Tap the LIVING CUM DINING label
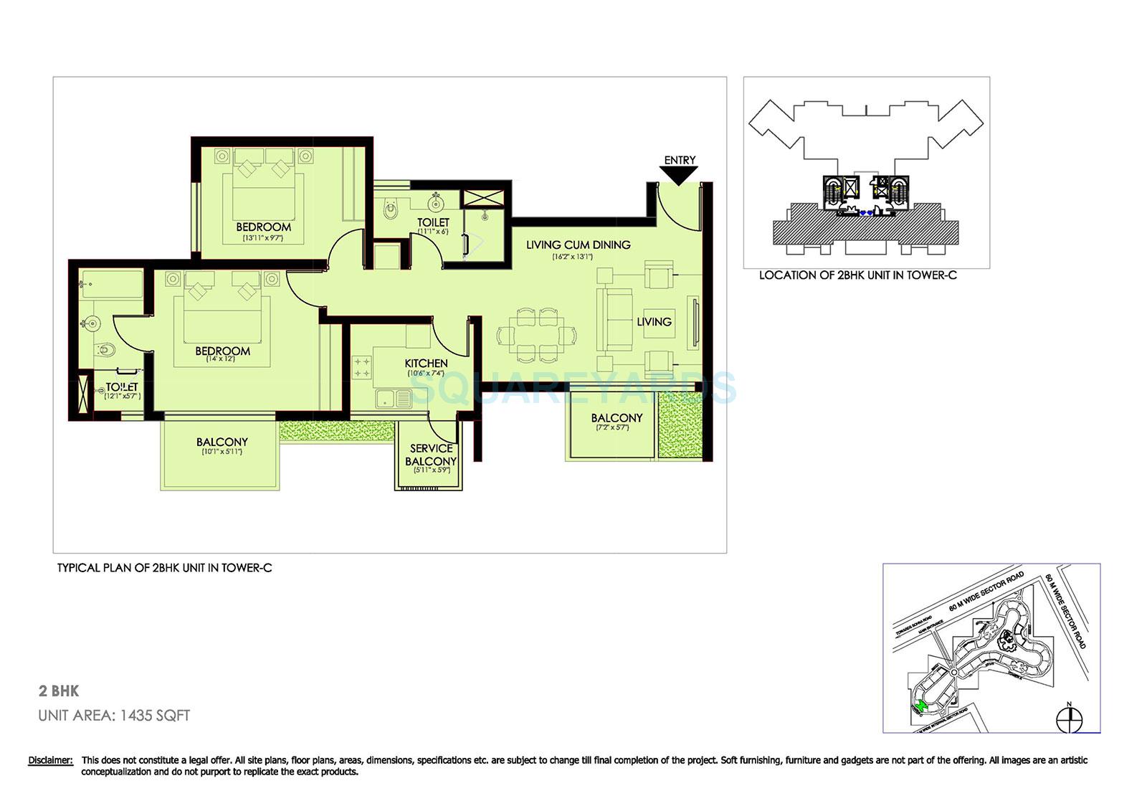tap(578, 245)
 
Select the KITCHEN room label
tap(426, 364)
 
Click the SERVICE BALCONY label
tap(431, 455)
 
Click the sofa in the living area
tap(614, 321)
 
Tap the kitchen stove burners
tap(361, 368)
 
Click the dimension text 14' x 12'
tap(222, 359)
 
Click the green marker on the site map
tap(923, 707)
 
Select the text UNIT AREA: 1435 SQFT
tap(114, 716)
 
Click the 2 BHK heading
tap(59, 691)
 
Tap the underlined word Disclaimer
tap(50, 760)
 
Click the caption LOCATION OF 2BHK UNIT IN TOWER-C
tap(857, 275)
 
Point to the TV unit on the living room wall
tap(694, 323)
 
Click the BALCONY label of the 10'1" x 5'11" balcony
tap(222, 442)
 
